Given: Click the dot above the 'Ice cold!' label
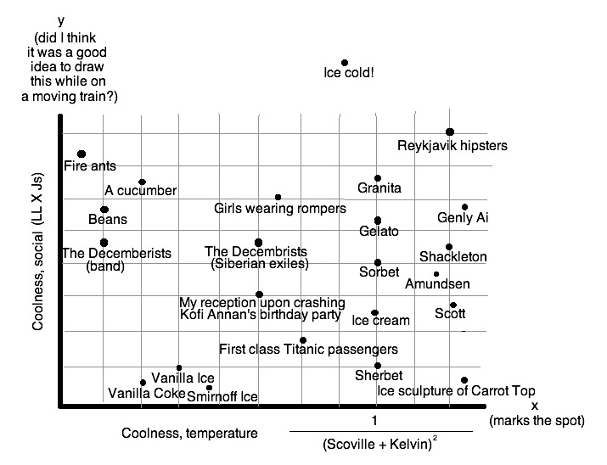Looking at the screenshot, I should pyautogui.click(x=345, y=63).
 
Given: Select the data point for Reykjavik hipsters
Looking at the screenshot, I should pyautogui.click(x=450, y=132).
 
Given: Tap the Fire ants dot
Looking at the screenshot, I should pyautogui.click(x=81, y=154).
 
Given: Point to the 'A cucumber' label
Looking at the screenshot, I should pyautogui.click(x=140, y=190).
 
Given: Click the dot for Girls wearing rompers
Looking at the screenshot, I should pyautogui.click(x=278, y=197).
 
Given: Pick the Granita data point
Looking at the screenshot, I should pyautogui.click(x=378, y=178).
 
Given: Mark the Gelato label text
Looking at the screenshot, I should pyautogui.click(x=379, y=232).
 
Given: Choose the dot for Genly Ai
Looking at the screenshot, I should pyautogui.click(x=464, y=207).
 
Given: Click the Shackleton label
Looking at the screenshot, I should pyautogui.click(x=453, y=257).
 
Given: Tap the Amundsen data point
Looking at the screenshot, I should pyautogui.click(x=436, y=274).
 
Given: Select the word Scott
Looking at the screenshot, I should pyautogui.click(x=450, y=313).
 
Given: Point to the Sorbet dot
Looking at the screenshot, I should pyautogui.click(x=378, y=262).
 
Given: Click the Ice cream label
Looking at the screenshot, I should pyautogui.click(x=380, y=321).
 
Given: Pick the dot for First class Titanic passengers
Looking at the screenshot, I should pyautogui.click(x=303, y=340).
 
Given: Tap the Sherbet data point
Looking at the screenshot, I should pyautogui.click(x=378, y=366).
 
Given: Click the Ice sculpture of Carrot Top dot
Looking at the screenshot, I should pyautogui.click(x=464, y=380).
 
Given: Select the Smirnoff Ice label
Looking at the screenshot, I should pyautogui.click(x=222, y=396).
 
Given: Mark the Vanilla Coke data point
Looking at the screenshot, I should pyautogui.click(x=143, y=383).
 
